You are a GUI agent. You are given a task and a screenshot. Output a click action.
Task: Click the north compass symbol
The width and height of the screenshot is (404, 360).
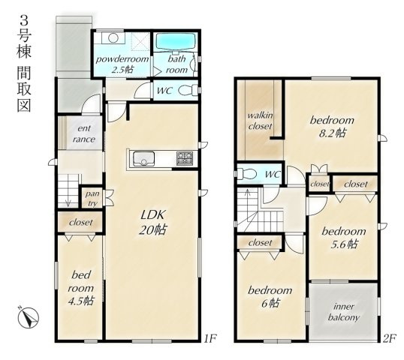click(x=28, y=316)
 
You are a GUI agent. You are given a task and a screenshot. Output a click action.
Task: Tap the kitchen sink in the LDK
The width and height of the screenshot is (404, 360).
click(x=143, y=159)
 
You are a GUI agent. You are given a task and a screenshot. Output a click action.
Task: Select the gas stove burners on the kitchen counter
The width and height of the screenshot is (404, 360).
click(x=185, y=158)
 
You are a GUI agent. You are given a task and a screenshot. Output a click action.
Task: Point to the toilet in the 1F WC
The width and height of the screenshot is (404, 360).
click(x=187, y=91)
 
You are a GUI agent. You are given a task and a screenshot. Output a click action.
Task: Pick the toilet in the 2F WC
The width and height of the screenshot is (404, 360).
click(x=246, y=174)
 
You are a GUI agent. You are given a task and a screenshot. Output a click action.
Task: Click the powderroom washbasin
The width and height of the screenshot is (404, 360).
click(x=113, y=38)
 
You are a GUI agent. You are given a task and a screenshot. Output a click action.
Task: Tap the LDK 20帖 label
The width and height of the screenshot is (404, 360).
click(x=152, y=222)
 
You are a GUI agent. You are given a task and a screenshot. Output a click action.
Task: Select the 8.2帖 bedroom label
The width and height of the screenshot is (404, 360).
click(x=332, y=127)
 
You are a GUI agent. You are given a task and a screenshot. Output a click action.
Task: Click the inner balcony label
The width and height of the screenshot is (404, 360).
click(x=344, y=311)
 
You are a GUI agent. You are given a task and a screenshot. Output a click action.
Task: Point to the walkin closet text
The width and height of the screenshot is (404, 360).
click(x=260, y=121)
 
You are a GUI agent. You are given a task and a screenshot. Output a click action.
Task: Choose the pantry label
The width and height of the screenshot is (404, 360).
click(x=92, y=198)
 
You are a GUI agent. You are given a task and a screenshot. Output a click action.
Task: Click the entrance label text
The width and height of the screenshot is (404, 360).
click(x=84, y=133)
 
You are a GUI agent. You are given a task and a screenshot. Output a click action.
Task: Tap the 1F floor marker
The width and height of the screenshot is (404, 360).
click(x=210, y=338)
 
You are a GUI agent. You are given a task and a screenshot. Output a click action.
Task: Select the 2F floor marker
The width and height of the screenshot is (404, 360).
click(x=388, y=338)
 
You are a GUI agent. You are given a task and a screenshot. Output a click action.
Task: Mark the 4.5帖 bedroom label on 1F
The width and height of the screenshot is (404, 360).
click(x=81, y=288)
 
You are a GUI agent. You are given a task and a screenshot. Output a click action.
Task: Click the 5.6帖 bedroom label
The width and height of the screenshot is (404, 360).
click(x=344, y=238)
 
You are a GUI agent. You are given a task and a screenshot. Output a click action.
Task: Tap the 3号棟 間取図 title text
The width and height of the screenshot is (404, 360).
click(x=24, y=64)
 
